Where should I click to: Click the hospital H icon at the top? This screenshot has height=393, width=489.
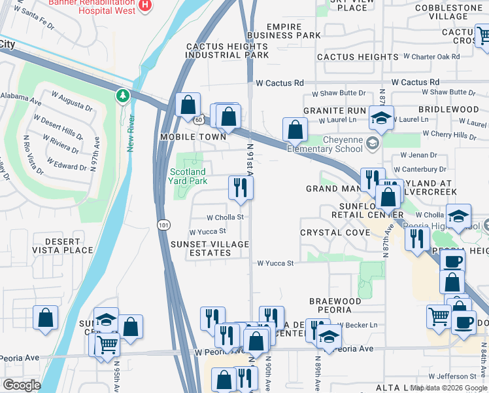pos(146,6)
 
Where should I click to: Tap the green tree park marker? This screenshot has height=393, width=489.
pos(122,97)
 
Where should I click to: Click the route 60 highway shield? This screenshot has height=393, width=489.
pos(199,119)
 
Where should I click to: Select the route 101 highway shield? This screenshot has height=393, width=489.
pos(163,225)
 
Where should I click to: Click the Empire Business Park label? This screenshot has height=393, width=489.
pos(284,30)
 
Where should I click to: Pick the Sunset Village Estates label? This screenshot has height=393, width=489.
pos(209,249)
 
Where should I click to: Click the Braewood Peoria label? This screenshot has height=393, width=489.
pos(335,305)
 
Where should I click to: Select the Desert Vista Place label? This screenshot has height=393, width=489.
pos(69,246)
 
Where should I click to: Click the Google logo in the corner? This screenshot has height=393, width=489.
pos(22,385)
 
